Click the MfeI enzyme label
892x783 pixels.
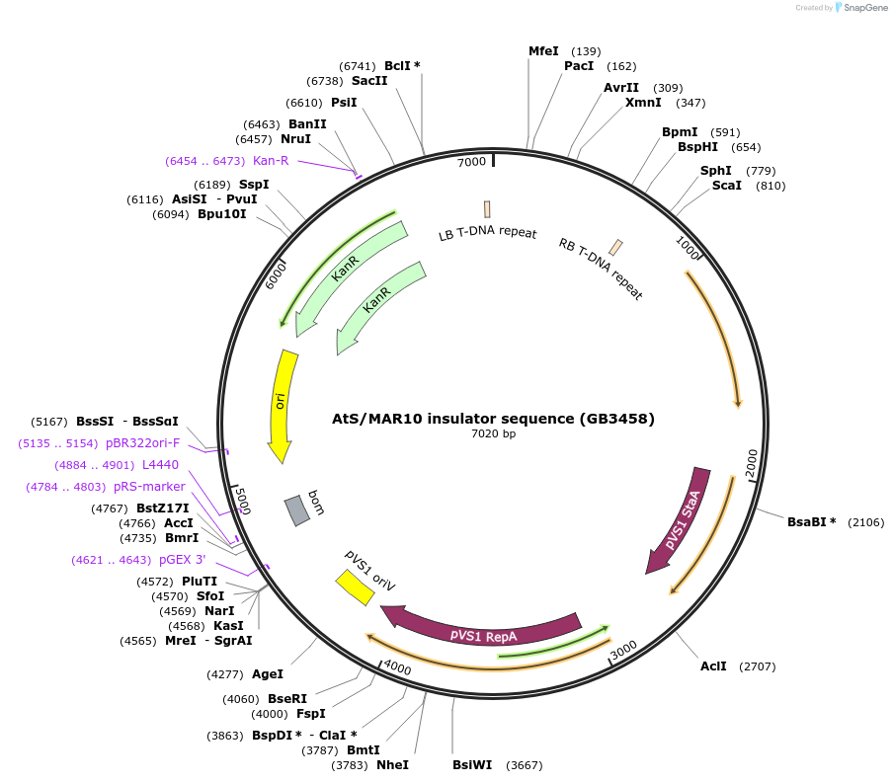[x=543, y=51]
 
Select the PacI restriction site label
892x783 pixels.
[x=579, y=66]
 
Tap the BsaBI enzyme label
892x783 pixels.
[x=811, y=521]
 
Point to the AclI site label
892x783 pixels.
[x=713, y=666]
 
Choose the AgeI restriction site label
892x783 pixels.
[x=267, y=674]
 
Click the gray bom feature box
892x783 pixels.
[x=297, y=509]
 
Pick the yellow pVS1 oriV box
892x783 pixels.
[x=354, y=587]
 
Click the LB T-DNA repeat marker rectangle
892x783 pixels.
[x=487, y=209]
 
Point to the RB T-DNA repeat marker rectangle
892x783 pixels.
[x=615, y=247]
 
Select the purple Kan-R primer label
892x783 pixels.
[x=271, y=161]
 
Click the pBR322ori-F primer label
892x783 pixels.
[x=156, y=443]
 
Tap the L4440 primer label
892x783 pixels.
[x=160, y=464]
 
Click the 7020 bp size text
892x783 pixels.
[x=493, y=433]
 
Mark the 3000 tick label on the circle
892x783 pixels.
[x=624, y=652]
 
